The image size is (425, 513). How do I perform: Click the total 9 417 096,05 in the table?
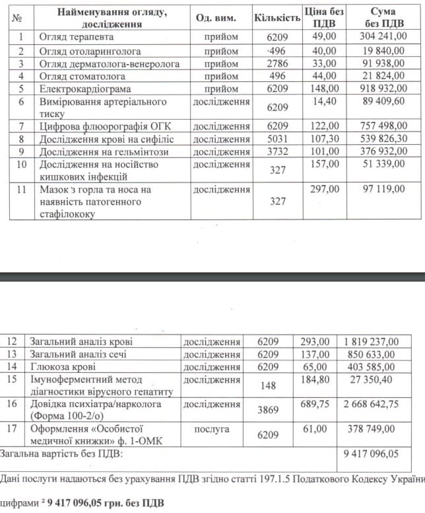371,455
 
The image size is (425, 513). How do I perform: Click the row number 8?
21,139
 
